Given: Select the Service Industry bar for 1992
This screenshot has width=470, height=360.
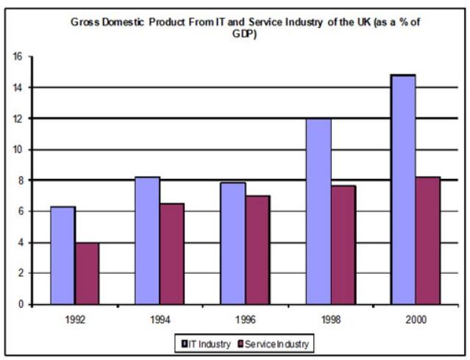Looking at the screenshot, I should click(x=87, y=273).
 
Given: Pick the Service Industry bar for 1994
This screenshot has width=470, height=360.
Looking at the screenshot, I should click(x=172, y=254).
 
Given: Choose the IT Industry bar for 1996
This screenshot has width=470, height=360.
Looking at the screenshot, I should click(x=233, y=244).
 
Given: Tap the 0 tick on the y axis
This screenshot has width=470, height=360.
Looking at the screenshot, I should click(x=21, y=304).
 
